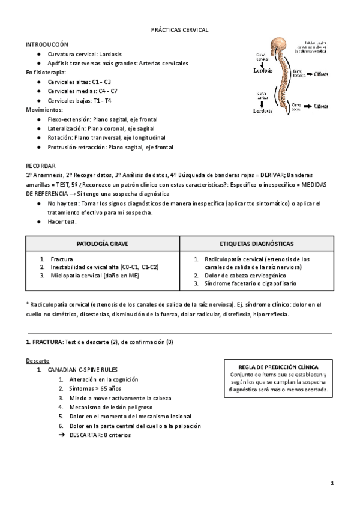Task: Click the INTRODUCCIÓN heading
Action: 47,44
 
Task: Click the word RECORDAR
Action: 40,165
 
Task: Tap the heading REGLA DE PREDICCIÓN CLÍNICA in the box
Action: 278,366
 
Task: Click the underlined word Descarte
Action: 37,361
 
